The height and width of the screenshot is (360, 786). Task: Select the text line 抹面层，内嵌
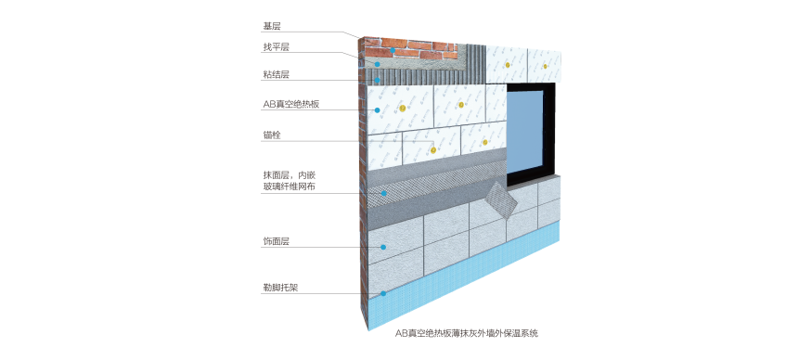pyautogui.click(x=290, y=174)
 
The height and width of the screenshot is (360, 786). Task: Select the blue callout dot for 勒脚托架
pyautogui.click(x=381, y=294)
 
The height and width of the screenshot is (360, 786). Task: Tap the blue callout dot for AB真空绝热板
pyautogui.click(x=379, y=110)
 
